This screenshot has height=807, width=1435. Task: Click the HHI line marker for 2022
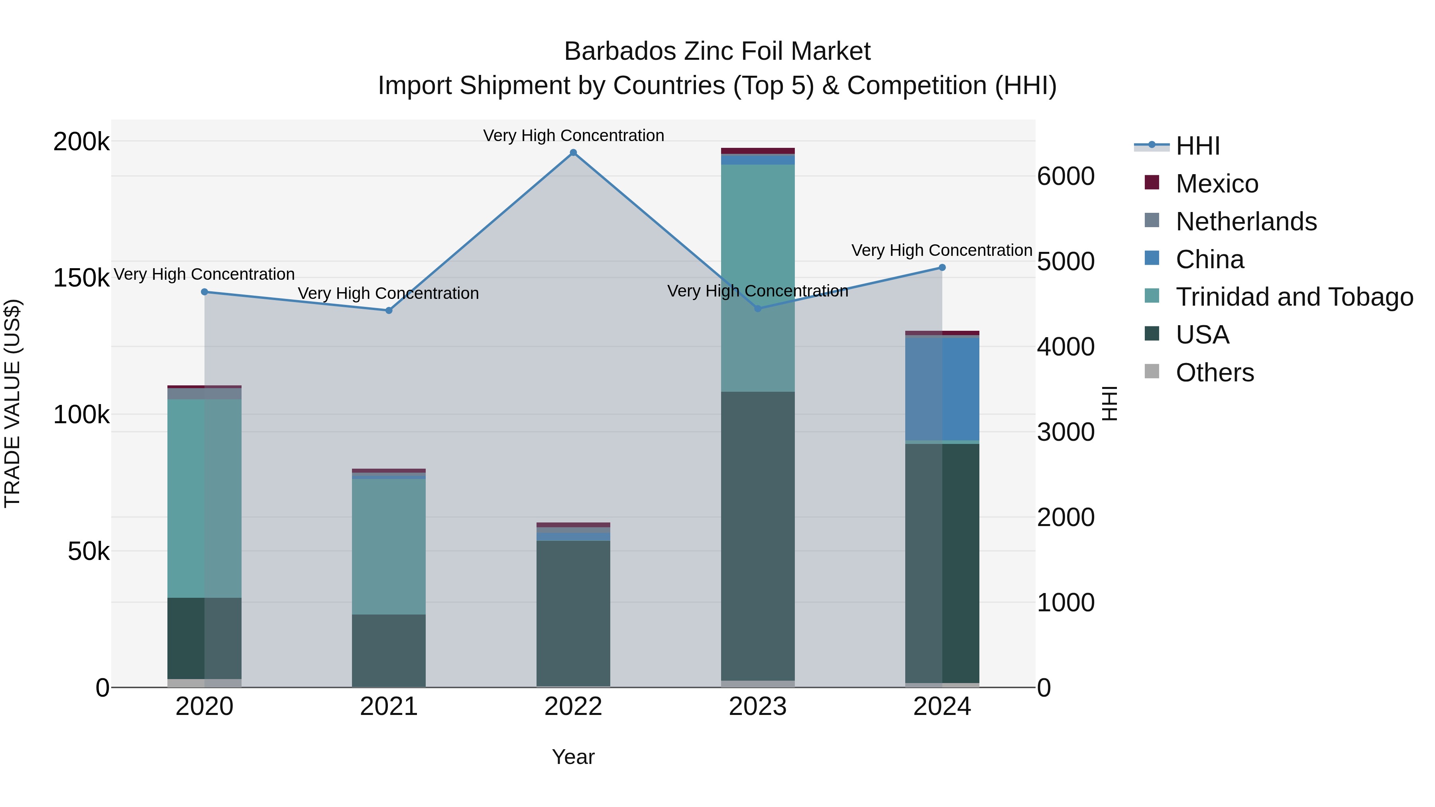(573, 153)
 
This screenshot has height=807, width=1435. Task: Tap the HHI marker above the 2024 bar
(942, 267)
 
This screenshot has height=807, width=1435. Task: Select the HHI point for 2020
(204, 292)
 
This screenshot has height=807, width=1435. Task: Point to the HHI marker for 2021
(389, 310)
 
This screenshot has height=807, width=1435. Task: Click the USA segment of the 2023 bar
(758, 535)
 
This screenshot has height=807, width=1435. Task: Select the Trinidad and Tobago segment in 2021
(389, 546)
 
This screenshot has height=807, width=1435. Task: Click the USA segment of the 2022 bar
(573, 613)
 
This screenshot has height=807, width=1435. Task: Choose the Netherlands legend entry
(1246, 222)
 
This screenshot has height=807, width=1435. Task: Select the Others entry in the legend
(1215, 373)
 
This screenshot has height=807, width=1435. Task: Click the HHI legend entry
(1198, 146)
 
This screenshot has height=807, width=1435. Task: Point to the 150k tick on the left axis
(81, 278)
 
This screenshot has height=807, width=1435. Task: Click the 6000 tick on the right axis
(1065, 177)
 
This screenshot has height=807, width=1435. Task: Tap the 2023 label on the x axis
(758, 707)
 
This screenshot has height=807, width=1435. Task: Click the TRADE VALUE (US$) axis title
(12, 403)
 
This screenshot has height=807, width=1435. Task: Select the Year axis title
(573, 757)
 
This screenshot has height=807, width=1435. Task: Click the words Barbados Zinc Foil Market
(717, 51)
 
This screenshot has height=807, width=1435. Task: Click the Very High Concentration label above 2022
(573, 135)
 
